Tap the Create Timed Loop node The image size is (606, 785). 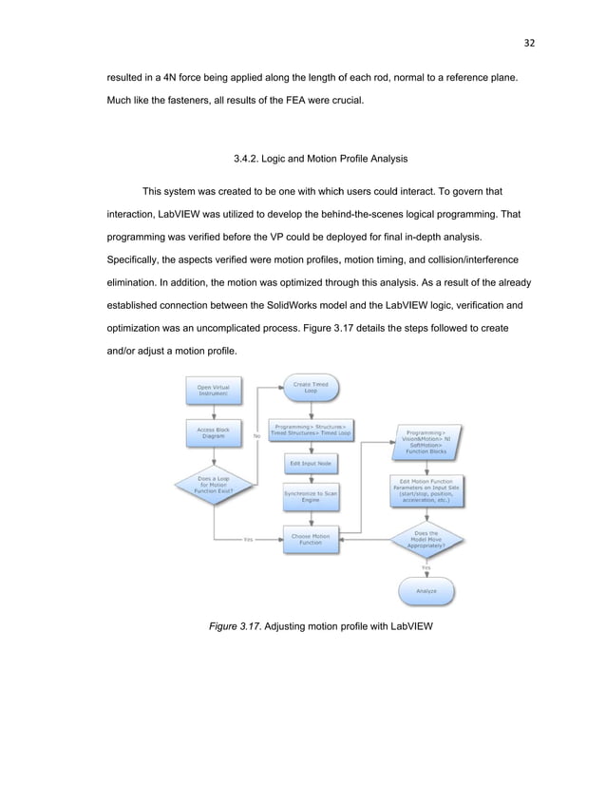point(310,388)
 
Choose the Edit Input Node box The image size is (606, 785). point(310,463)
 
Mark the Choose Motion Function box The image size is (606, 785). point(310,540)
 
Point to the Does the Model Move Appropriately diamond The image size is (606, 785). point(426,540)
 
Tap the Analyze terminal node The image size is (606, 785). point(426,591)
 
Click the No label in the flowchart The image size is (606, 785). point(256,436)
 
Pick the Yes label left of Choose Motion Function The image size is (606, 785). point(248,540)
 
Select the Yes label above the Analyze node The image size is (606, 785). point(426,567)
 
